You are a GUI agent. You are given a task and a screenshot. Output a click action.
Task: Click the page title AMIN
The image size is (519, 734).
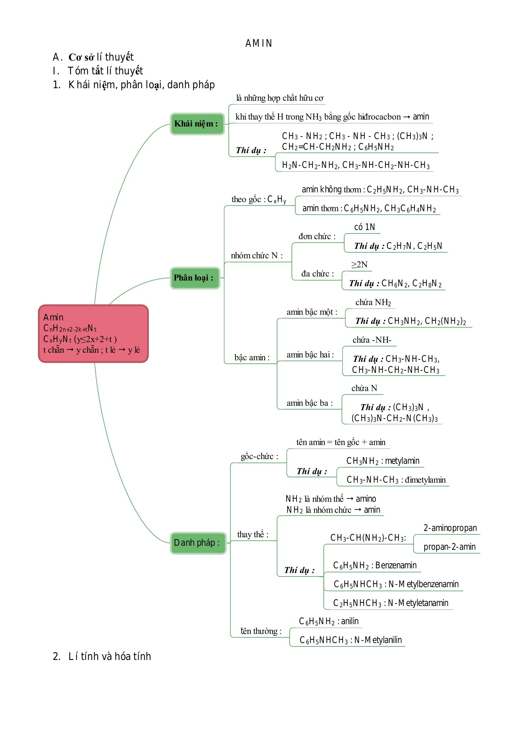pyautogui.click(x=259, y=43)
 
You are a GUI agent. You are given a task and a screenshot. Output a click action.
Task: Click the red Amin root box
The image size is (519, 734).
pyautogui.click(x=93, y=334)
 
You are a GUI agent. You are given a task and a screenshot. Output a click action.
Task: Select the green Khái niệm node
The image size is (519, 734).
pyautogui.click(x=197, y=124)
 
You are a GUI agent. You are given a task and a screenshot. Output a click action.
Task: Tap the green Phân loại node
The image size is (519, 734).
pyautogui.click(x=195, y=278)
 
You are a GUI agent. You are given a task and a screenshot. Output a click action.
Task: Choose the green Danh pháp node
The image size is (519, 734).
pyautogui.click(x=198, y=543)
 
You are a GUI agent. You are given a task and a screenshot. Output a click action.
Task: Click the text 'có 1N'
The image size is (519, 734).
pyautogui.click(x=364, y=227)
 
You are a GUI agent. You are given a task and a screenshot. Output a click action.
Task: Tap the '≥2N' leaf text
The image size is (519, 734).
pyautogui.click(x=359, y=264)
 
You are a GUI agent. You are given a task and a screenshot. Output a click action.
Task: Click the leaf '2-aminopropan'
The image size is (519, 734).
pyautogui.click(x=450, y=528)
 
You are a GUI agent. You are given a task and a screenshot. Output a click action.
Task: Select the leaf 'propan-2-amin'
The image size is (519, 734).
pyautogui.click(x=449, y=547)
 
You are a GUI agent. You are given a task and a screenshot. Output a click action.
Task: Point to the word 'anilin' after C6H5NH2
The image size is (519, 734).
pyautogui.click(x=350, y=621)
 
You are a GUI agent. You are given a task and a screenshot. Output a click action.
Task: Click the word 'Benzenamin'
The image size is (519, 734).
pyautogui.click(x=396, y=565)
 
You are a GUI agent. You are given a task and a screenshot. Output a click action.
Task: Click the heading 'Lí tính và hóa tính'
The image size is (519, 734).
pyautogui.click(x=110, y=656)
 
